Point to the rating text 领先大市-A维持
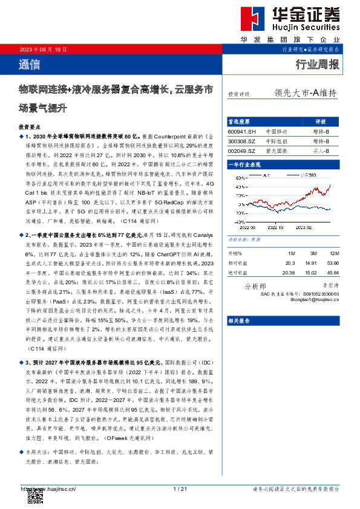(305, 93)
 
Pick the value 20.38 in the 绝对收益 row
(289, 273)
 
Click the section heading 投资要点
(31, 129)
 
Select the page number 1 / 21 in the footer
(179, 488)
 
